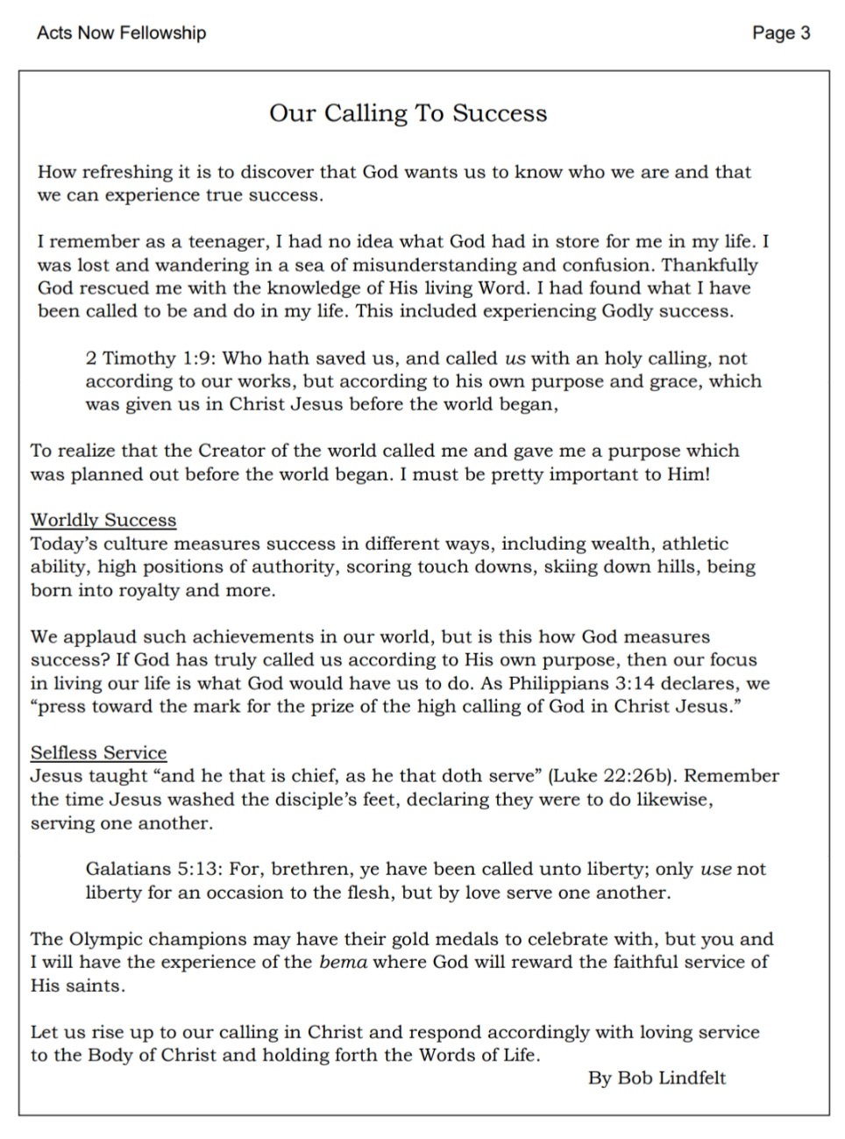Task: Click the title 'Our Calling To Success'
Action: tap(408, 114)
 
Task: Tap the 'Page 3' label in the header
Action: tap(781, 33)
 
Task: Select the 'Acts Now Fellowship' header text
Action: tap(121, 33)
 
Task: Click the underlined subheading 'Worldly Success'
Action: tap(103, 520)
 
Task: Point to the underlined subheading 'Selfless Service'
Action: tap(98, 752)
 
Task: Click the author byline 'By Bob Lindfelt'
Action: tap(657, 1078)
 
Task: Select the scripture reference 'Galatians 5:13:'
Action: tap(155, 869)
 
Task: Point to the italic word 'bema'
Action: tap(343, 962)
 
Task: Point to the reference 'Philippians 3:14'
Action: tap(599, 683)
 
